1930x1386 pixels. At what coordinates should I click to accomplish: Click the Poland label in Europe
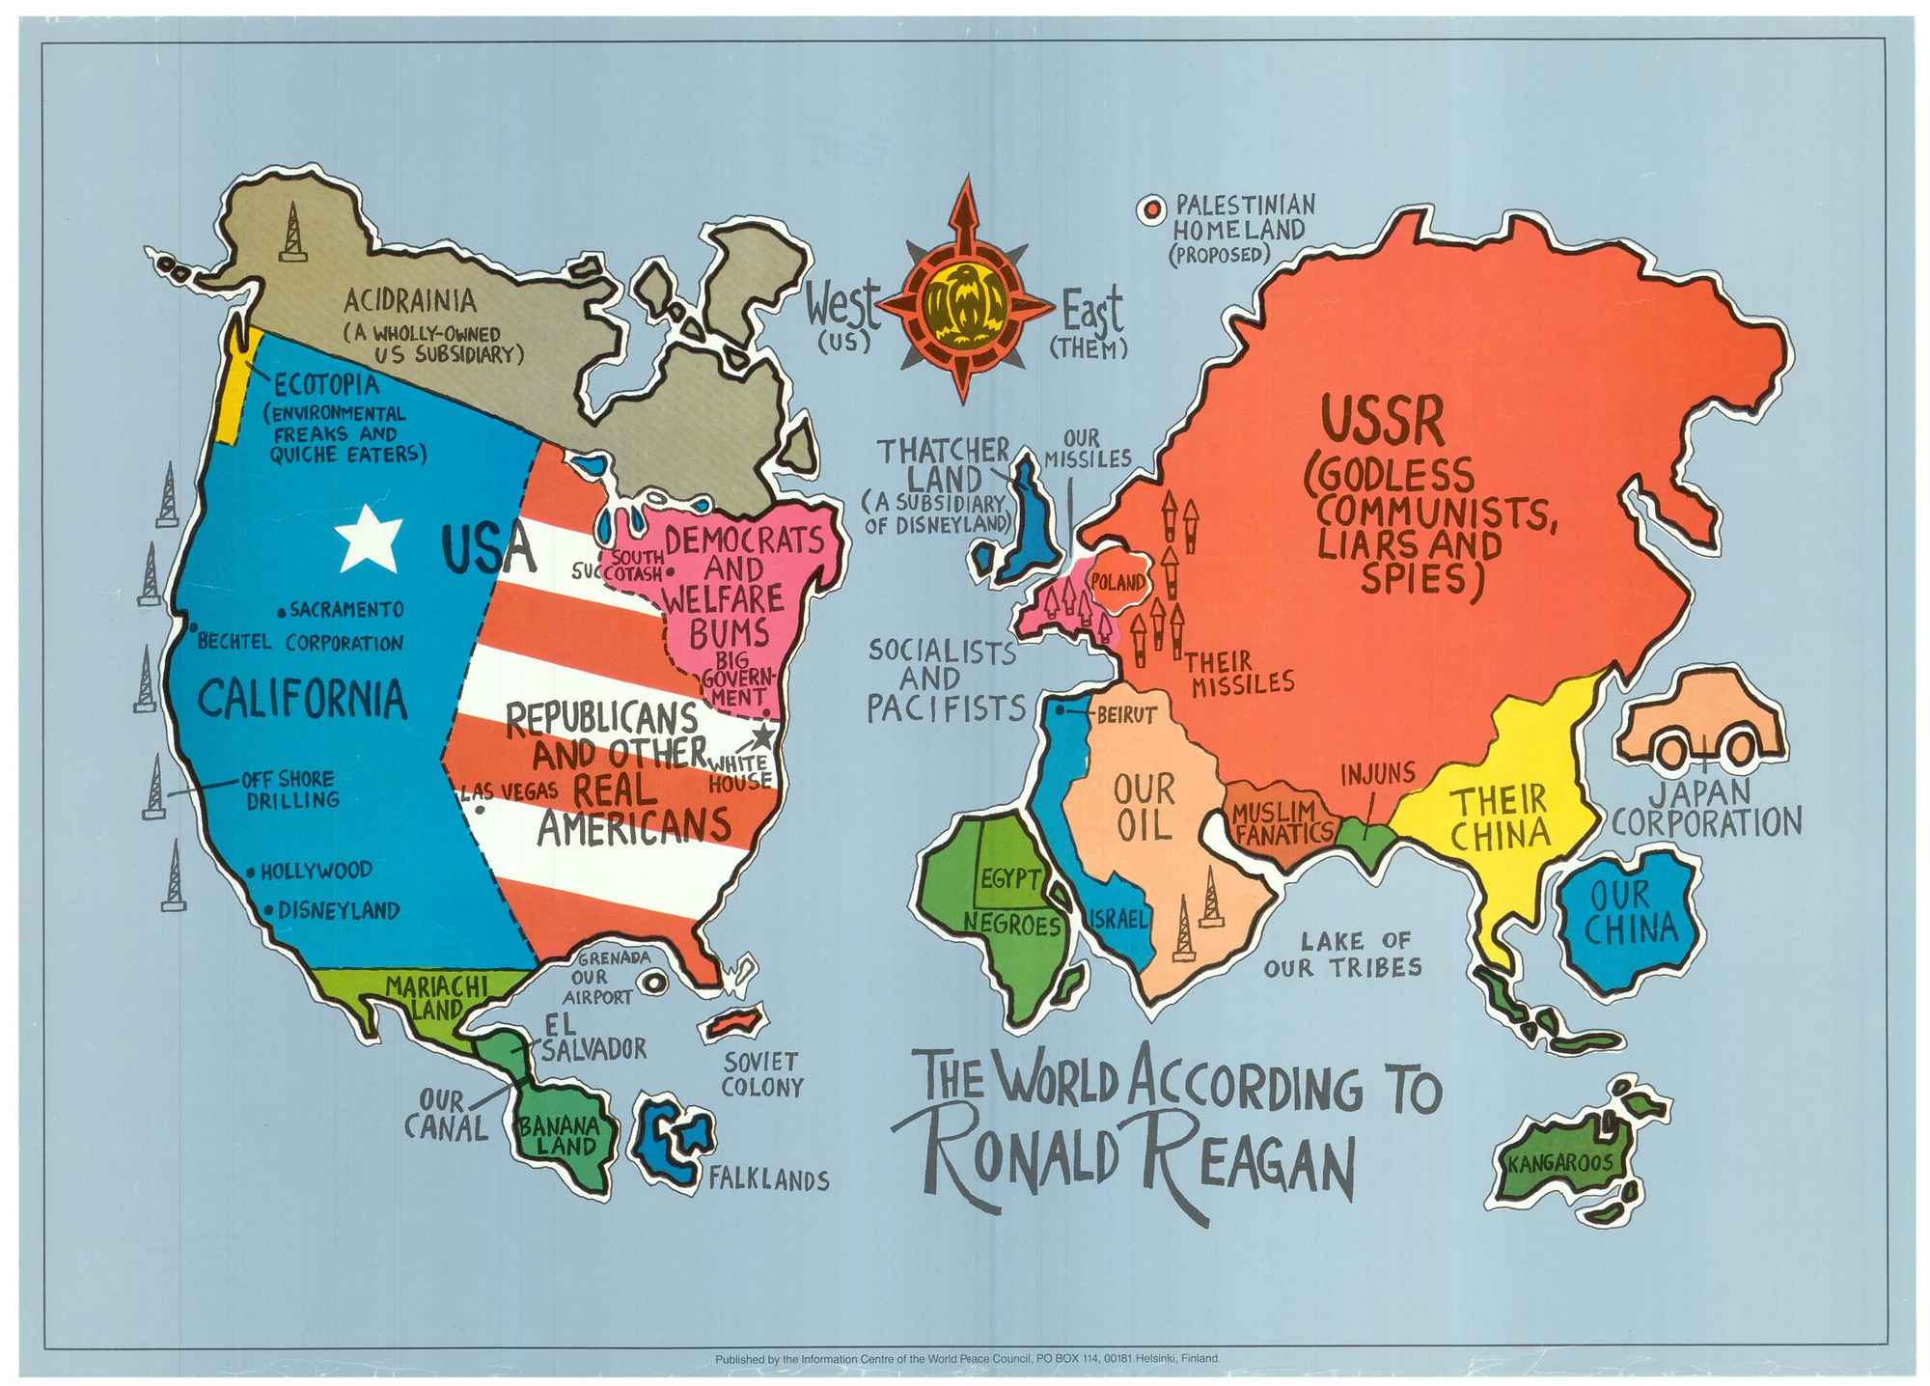1117,582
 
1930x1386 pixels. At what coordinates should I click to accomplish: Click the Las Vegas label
509,791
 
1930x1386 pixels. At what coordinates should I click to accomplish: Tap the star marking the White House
762,736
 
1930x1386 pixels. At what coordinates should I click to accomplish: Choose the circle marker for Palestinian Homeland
1149,208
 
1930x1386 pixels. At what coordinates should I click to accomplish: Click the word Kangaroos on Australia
1560,1163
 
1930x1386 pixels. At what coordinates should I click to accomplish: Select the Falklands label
769,1179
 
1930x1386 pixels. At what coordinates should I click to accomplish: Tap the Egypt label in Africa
1010,879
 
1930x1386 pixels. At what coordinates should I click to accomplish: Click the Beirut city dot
1059,709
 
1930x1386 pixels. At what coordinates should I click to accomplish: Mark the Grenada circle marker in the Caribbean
655,982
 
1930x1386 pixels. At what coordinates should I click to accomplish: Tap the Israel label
1118,917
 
